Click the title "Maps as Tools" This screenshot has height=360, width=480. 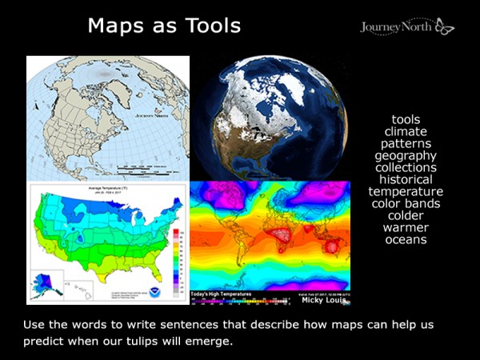click(164, 25)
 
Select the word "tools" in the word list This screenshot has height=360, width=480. click(406, 119)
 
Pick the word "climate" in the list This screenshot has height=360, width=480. click(406, 131)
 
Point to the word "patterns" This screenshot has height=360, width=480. click(406, 143)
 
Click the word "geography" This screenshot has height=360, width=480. click(406, 155)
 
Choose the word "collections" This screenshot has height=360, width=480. click(406, 167)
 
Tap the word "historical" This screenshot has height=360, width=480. click(406, 179)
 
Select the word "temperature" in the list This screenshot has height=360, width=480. click(406, 191)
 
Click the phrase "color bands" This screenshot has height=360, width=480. click(406, 203)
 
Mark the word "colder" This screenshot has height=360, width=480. click(406, 215)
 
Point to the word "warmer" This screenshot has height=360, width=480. click(406, 227)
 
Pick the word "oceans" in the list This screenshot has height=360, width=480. click(406, 239)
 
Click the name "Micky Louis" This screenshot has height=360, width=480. click(324, 300)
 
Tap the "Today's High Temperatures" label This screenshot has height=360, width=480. click(221, 294)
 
